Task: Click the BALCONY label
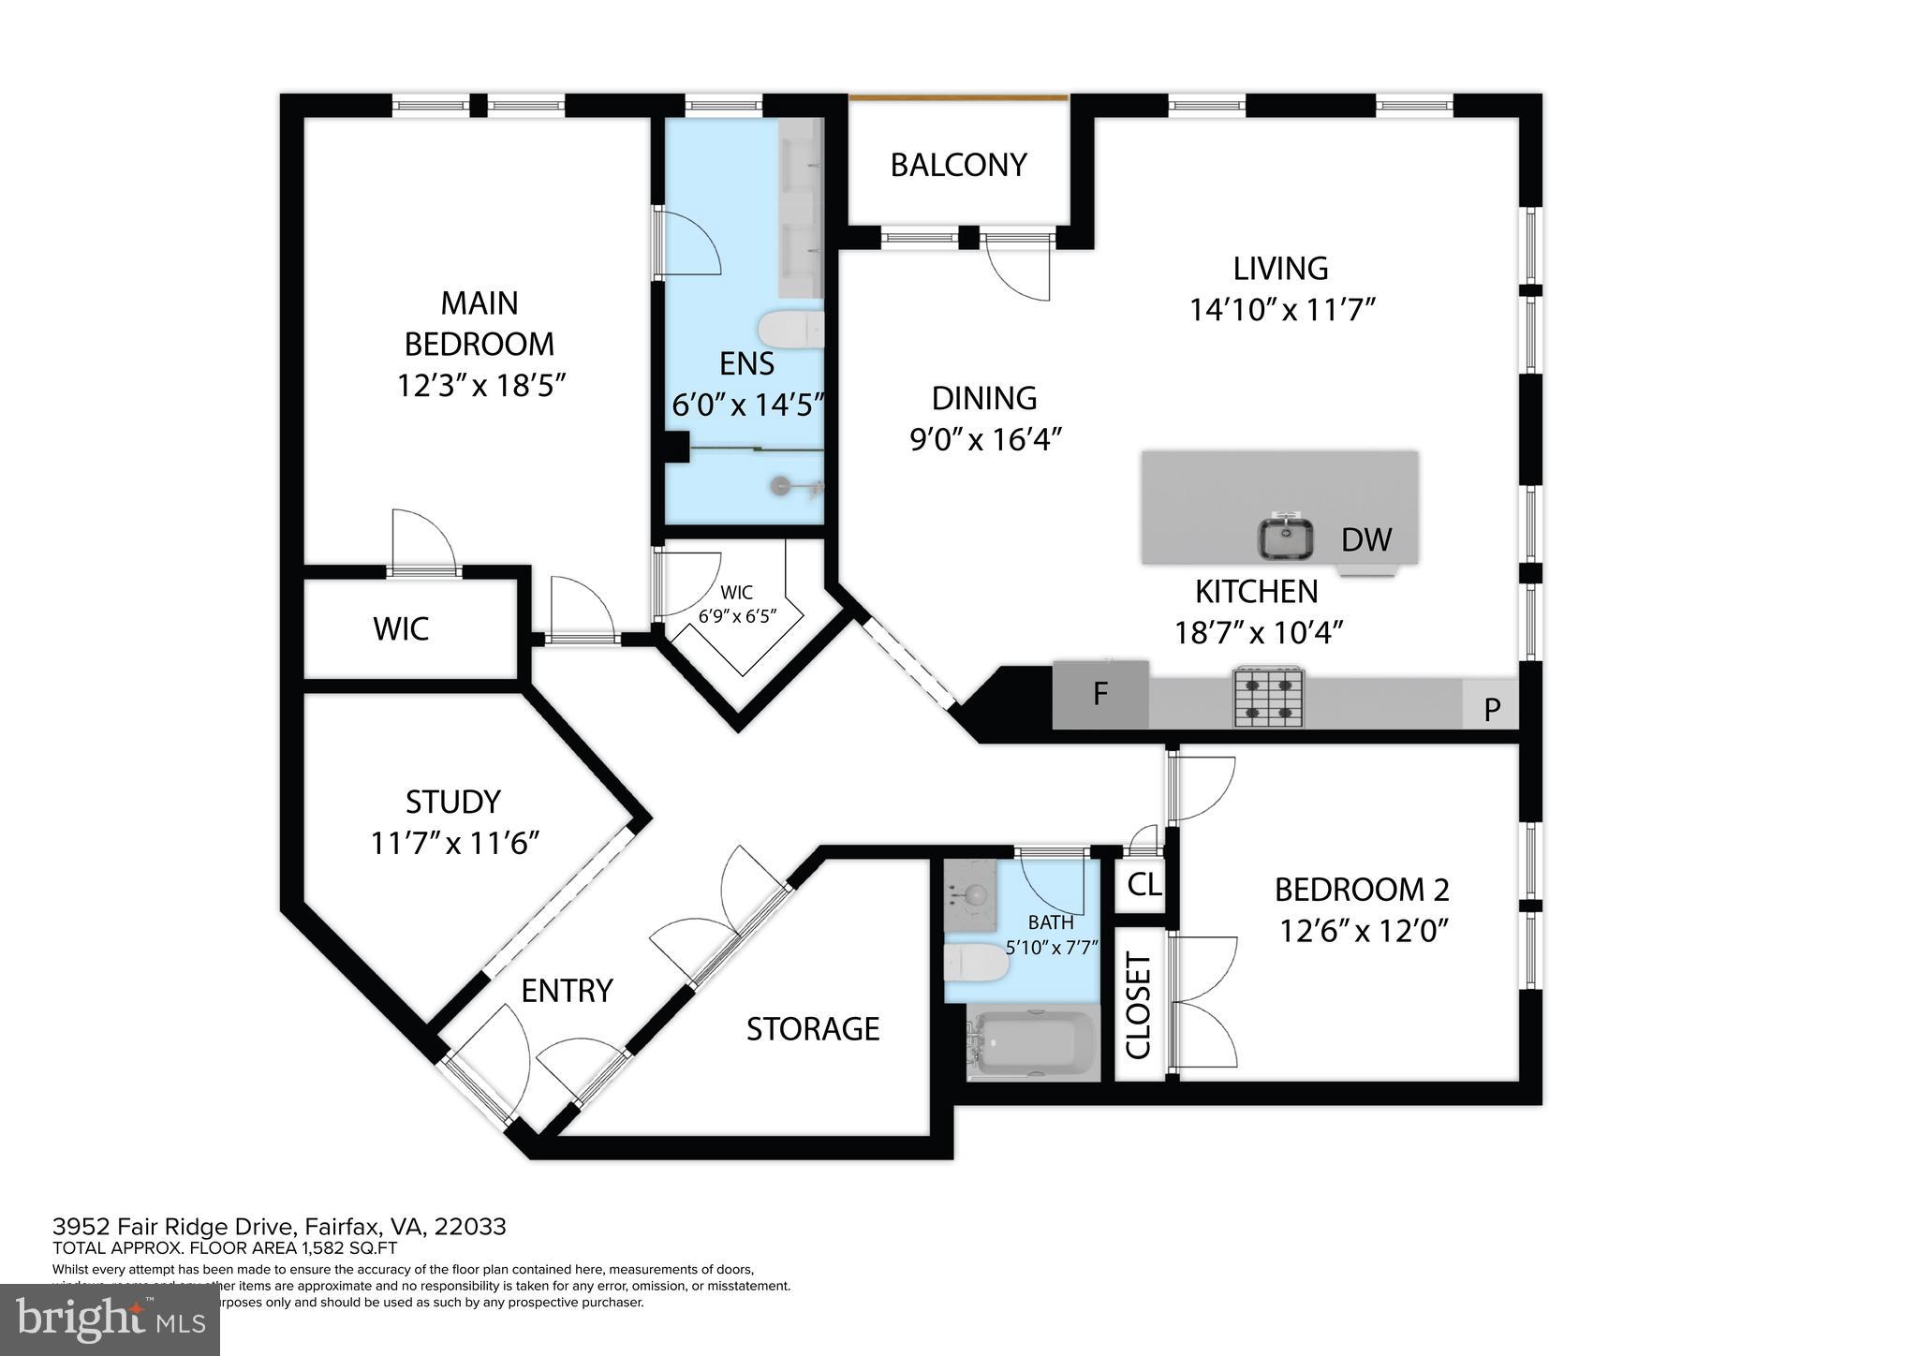[958, 165]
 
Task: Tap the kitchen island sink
[1285, 538]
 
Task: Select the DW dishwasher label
[1366, 539]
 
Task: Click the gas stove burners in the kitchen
[1269, 697]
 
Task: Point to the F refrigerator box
[1100, 694]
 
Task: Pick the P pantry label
[1492, 710]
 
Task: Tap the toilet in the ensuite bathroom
[789, 330]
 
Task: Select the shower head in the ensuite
[782, 485]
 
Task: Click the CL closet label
[1144, 884]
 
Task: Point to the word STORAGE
[813, 1029]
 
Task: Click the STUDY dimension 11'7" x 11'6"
[455, 843]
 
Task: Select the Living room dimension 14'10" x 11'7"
[1281, 310]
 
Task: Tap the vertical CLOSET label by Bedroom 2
[1138, 1005]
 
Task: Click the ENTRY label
[567, 990]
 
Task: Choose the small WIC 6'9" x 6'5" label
[737, 605]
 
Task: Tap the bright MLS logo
[110, 1319]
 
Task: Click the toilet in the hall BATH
[974, 962]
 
